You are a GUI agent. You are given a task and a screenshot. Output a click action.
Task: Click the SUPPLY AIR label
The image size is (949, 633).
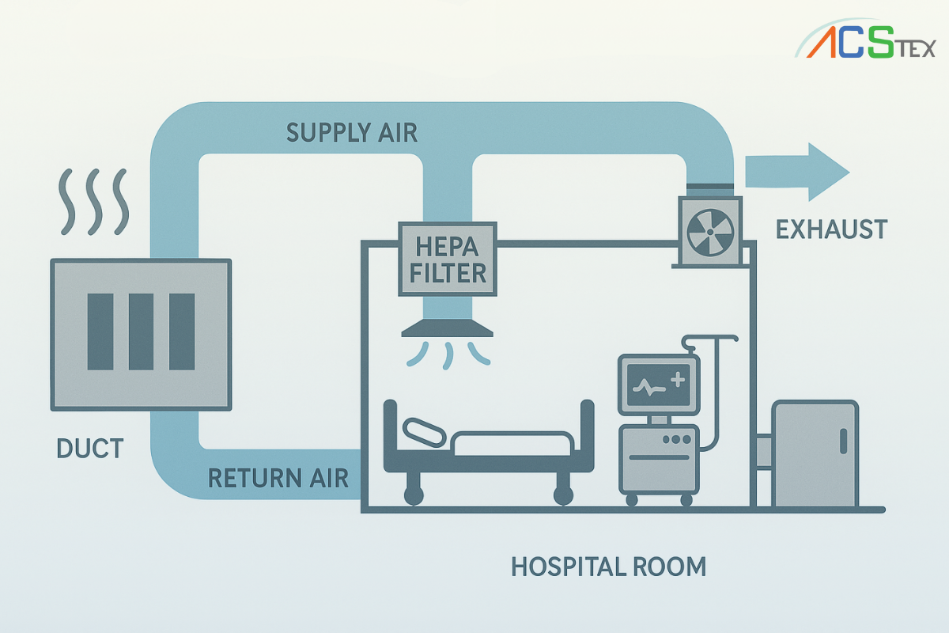click(x=352, y=132)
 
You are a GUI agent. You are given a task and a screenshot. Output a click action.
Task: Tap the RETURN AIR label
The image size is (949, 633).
click(x=278, y=478)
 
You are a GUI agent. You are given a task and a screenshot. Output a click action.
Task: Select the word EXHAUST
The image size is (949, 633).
click(x=831, y=229)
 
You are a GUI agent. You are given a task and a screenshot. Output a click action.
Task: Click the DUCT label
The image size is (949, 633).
click(x=90, y=449)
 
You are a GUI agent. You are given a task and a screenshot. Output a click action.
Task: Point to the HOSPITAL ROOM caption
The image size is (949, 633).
click(x=608, y=567)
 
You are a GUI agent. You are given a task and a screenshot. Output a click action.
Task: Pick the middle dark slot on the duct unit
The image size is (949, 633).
click(x=141, y=332)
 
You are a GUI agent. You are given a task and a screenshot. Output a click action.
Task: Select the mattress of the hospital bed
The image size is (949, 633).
click(x=512, y=444)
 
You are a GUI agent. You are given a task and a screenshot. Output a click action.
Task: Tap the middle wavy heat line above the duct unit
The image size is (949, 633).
click(x=94, y=202)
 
